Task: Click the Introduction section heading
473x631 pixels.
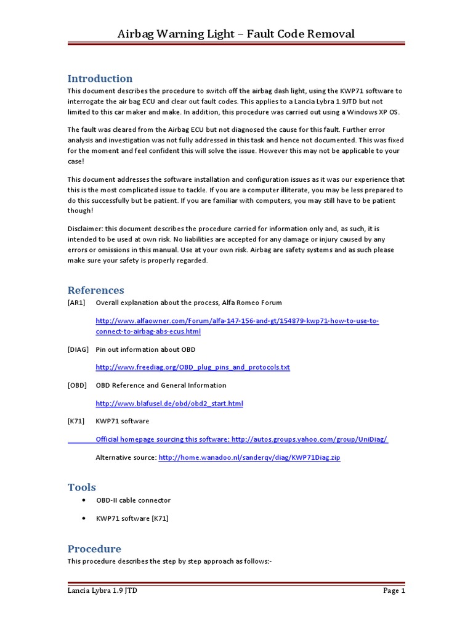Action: coord(100,78)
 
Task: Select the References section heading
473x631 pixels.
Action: coord(95,290)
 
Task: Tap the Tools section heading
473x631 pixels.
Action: coord(82,487)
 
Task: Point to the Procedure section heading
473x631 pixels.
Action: coord(94,548)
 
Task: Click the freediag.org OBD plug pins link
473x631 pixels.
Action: coord(193,367)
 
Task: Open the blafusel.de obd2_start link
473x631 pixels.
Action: coord(169,404)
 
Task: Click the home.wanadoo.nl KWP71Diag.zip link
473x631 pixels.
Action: coord(249,458)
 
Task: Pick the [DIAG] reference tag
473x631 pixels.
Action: coord(78,349)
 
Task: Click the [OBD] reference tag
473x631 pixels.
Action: coord(78,385)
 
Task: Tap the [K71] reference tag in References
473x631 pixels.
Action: coord(76,421)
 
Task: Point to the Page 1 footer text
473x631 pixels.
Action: coord(394,590)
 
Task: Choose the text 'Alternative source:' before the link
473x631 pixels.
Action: coord(126,458)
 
